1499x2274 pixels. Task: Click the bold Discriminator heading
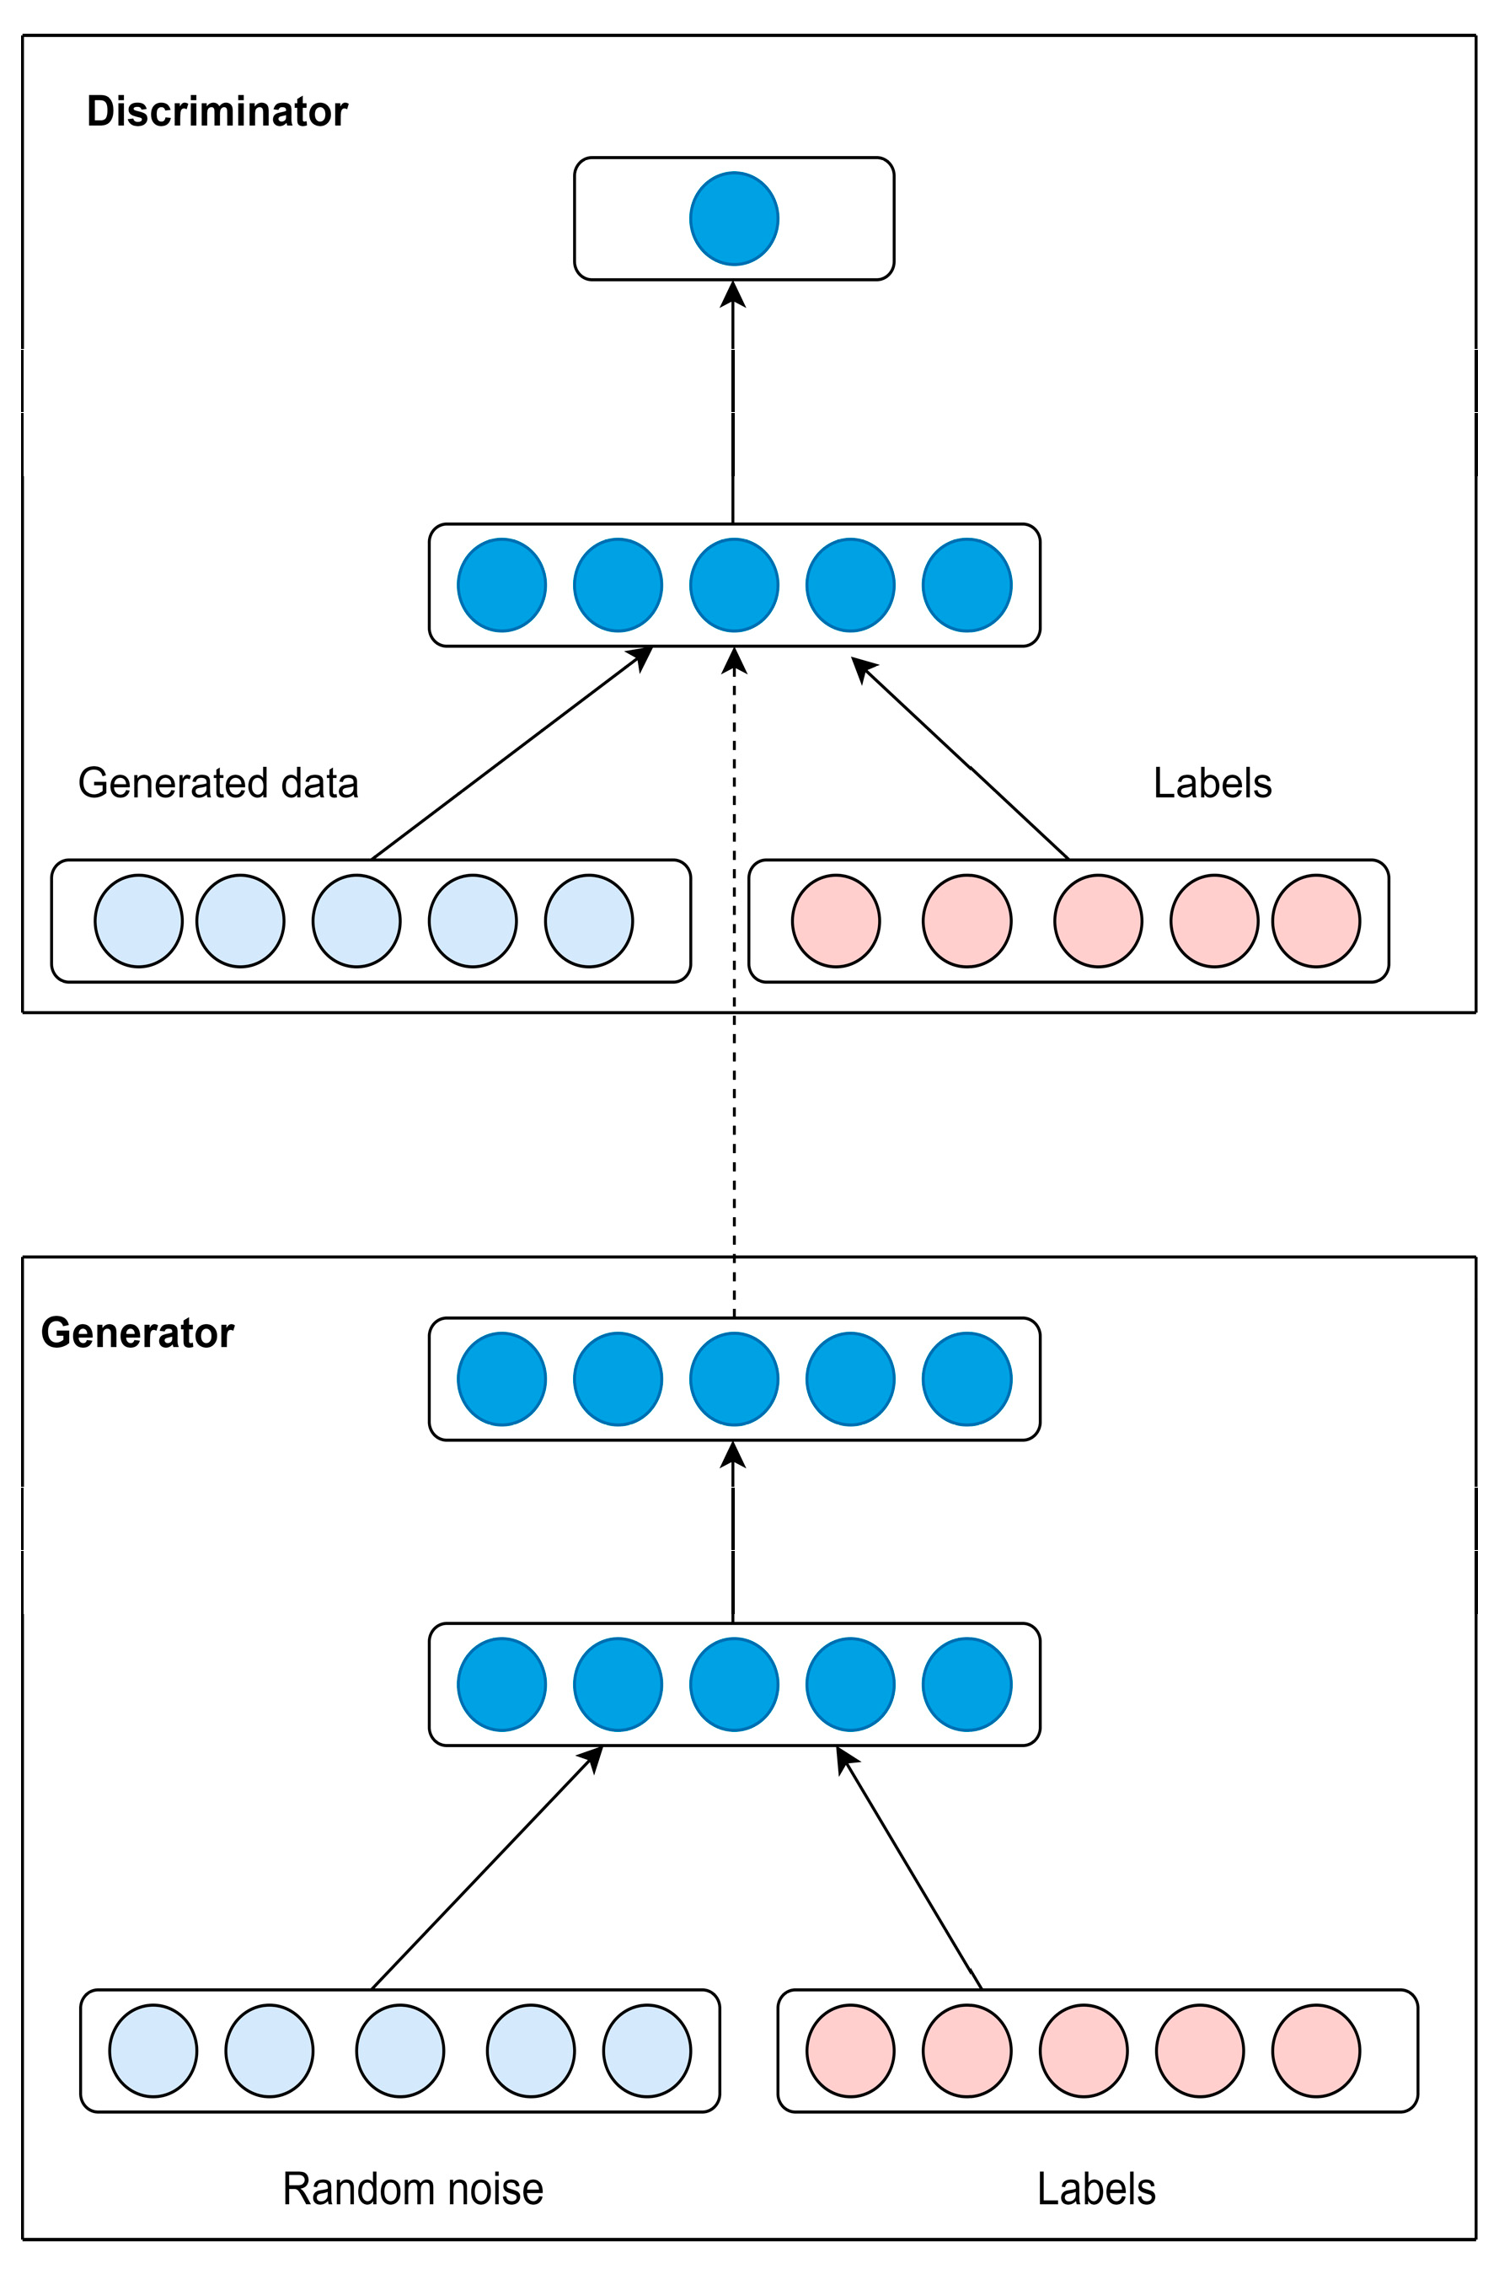tap(217, 112)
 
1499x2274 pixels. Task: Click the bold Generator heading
tap(137, 1333)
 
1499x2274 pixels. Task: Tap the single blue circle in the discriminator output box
tap(733, 219)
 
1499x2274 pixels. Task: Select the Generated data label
tap(218, 783)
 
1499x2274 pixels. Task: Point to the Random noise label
tap(412, 2189)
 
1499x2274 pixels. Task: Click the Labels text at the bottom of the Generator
tap(1095, 2189)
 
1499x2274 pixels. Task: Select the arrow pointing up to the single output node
tap(732, 402)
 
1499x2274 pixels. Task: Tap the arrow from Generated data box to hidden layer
tap(506, 756)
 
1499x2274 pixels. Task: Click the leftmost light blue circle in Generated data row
tap(139, 921)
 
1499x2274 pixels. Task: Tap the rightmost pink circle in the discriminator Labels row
tap(1315, 921)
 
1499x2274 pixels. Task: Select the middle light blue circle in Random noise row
tap(399, 2051)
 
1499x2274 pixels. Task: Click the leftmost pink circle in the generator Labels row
tap(850, 2051)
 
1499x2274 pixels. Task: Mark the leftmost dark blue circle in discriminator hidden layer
tap(502, 585)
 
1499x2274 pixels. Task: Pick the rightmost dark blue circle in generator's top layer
tap(966, 1379)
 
